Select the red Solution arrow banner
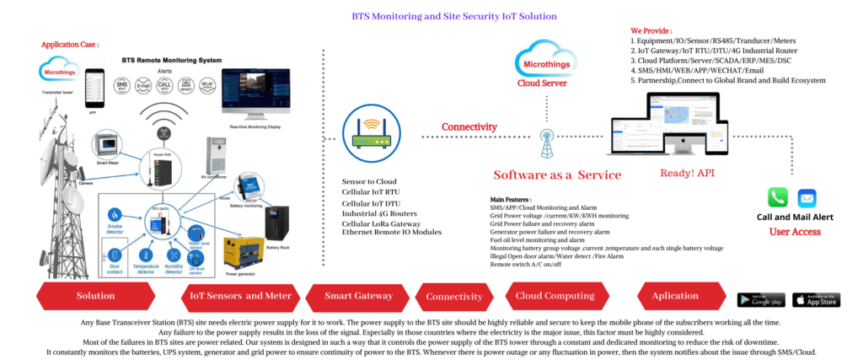point(95,296)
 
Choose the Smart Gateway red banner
point(359,296)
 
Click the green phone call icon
point(777,197)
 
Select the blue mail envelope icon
point(807,197)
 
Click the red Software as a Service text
point(557,175)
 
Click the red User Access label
point(795,230)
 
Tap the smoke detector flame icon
point(115,214)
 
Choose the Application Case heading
point(70,44)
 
